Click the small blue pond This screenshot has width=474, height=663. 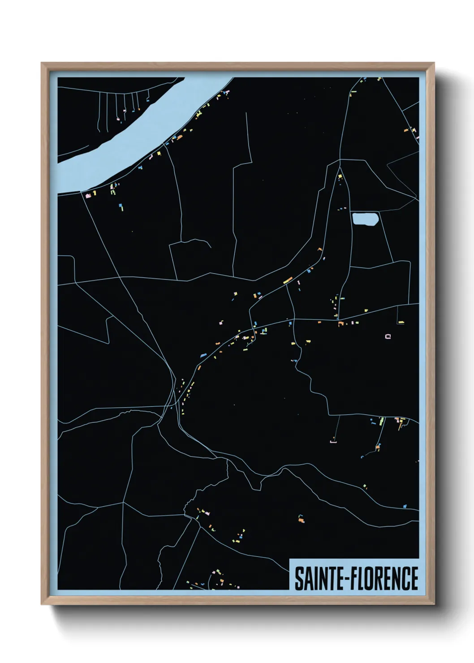point(365,219)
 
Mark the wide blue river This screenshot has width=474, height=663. point(134,134)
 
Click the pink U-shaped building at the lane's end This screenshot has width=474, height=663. point(333,442)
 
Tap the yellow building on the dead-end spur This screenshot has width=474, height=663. point(401,322)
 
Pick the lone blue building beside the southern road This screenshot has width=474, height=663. point(405,506)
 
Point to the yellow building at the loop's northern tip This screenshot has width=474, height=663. point(340,176)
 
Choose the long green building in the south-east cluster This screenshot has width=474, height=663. point(382,421)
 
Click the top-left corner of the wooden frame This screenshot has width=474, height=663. point(42,63)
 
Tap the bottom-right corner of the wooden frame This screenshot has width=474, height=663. point(434,605)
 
